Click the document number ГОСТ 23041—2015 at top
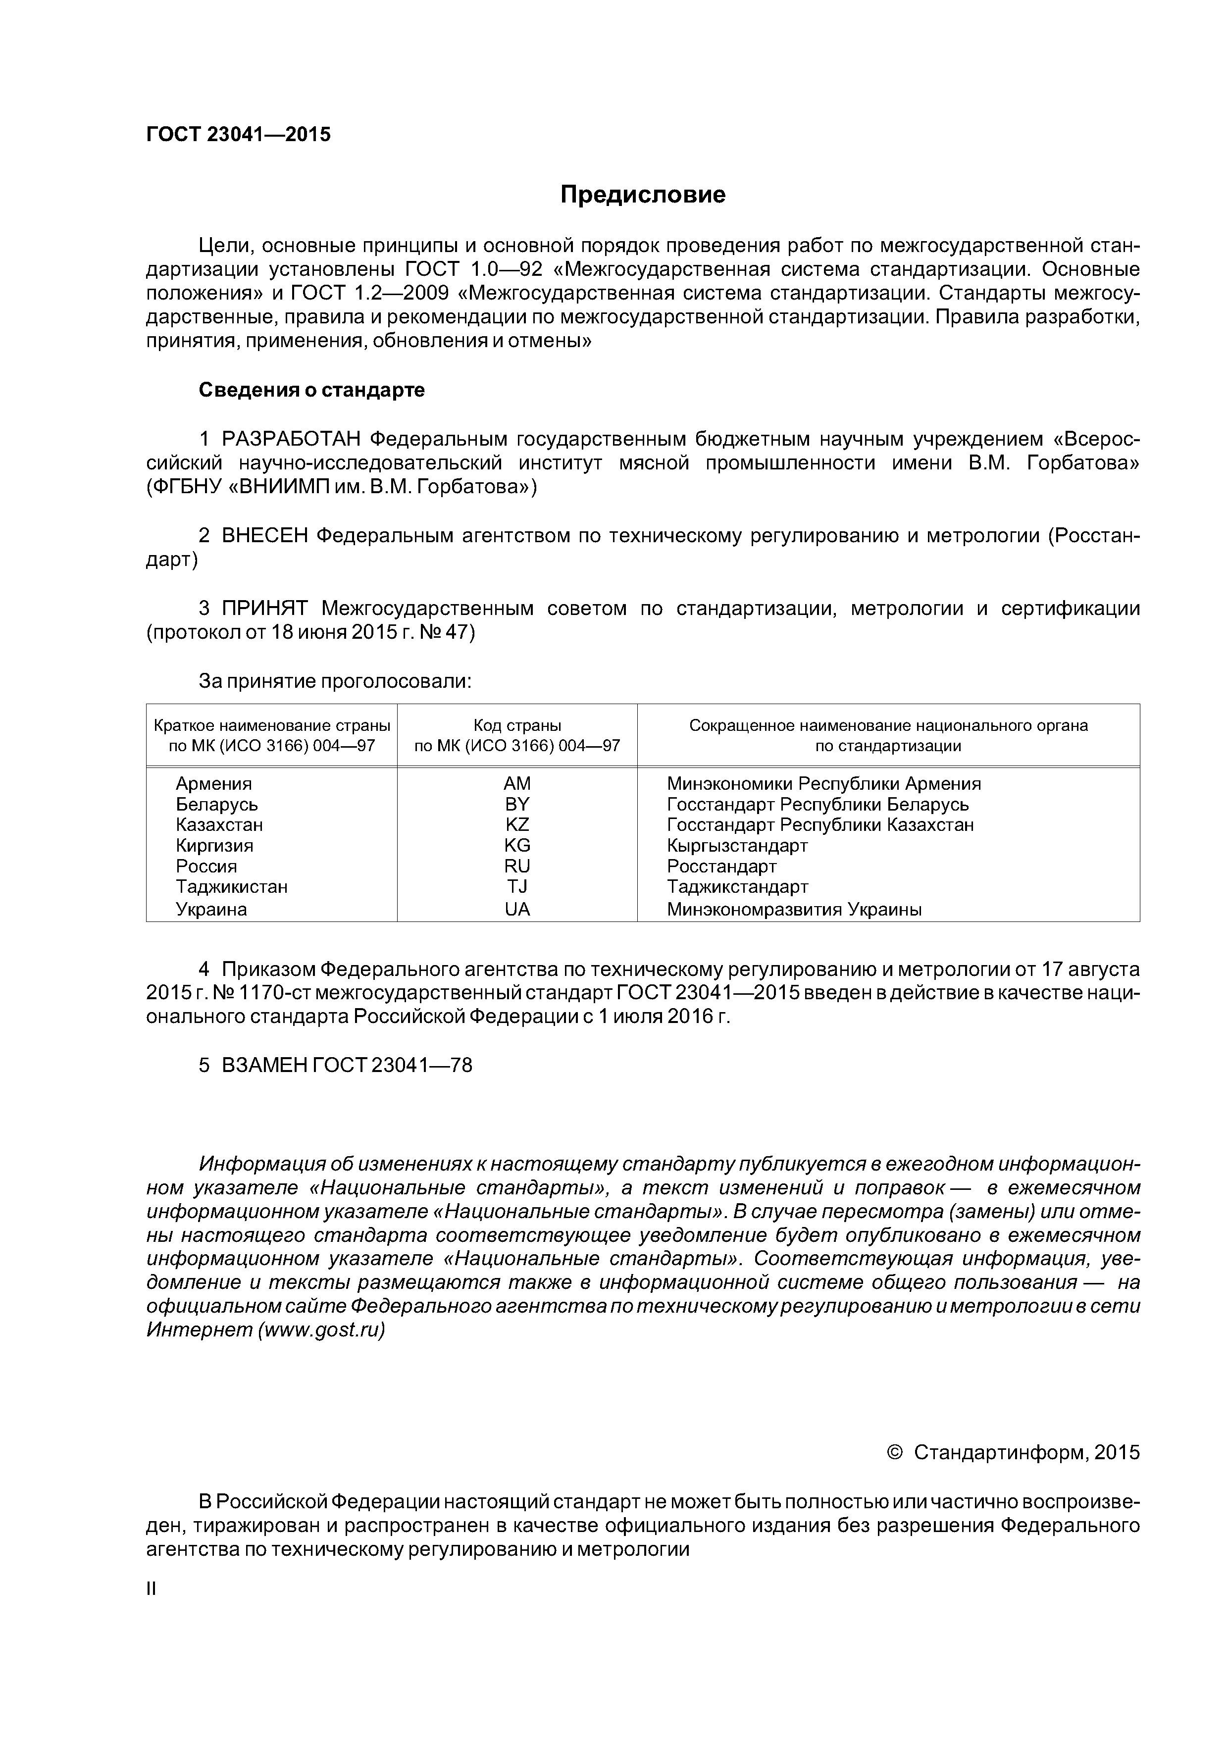(x=238, y=135)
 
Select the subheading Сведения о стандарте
(x=312, y=390)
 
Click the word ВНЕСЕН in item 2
(x=265, y=536)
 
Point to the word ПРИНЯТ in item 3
(x=264, y=609)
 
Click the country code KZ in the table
(x=517, y=824)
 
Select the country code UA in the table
(x=517, y=910)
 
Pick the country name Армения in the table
(x=213, y=784)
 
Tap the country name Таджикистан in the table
(x=232, y=887)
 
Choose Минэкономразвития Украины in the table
(x=794, y=910)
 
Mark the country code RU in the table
(x=517, y=866)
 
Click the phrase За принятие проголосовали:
(x=334, y=682)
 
